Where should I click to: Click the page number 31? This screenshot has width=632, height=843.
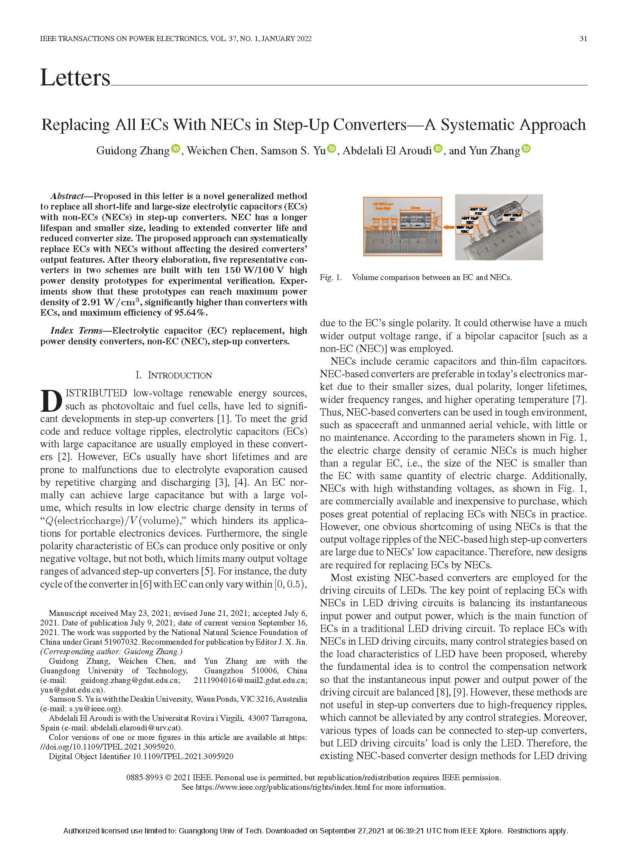583,38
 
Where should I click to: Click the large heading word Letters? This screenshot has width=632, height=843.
75,78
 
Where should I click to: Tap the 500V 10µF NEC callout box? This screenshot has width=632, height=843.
464,230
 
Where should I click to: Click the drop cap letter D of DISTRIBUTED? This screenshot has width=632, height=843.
51,400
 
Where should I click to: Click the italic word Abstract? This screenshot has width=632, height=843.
67,196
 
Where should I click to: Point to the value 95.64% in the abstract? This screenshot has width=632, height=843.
191,313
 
